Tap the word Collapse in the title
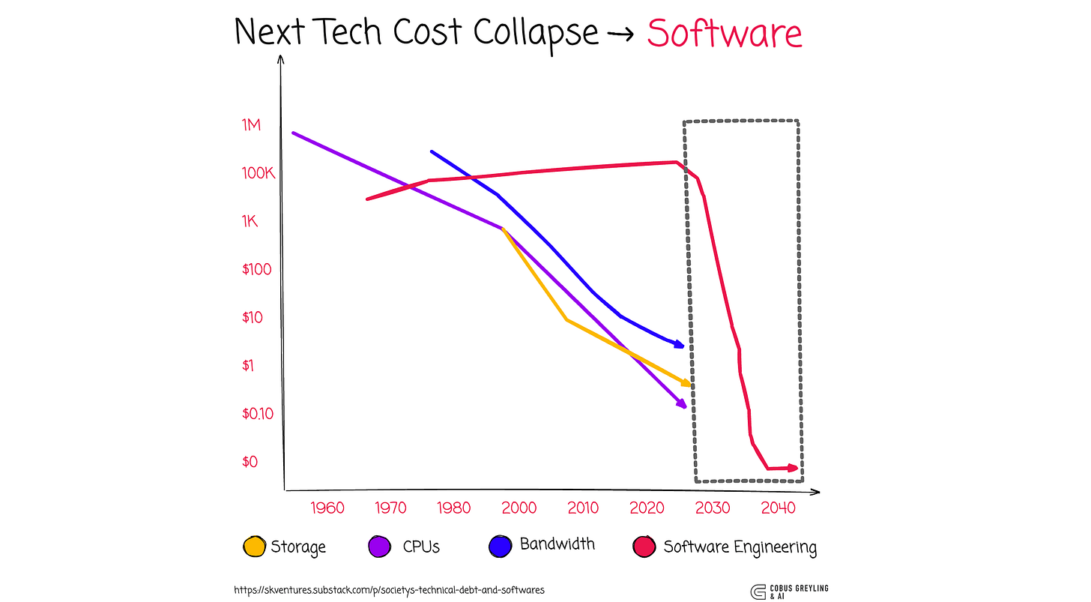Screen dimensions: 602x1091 click(x=536, y=33)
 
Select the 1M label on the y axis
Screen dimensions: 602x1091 click(x=251, y=125)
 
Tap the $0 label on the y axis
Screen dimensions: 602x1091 click(x=250, y=462)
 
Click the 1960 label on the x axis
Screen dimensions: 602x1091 click(x=327, y=508)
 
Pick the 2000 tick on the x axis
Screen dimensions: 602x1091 click(x=519, y=508)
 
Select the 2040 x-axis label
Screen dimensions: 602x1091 click(x=777, y=508)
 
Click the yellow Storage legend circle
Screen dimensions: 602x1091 click(x=255, y=547)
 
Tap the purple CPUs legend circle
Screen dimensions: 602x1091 click(x=380, y=547)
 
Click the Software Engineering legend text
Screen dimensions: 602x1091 click(x=740, y=547)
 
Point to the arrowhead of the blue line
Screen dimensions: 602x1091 click(x=679, y=344)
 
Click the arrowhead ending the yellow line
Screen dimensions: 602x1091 click(x=686, y=383)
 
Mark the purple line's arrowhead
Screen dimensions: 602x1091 click(x=682, y=405)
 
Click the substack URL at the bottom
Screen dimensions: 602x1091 click(x=390, y=590)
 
